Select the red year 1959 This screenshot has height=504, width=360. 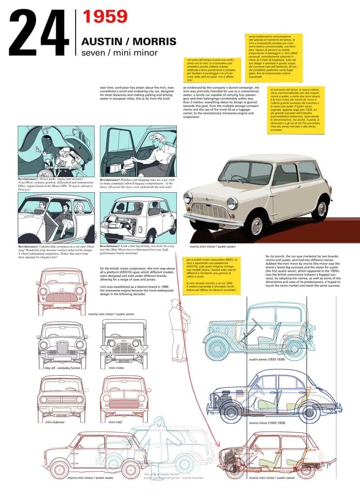click(105, 17)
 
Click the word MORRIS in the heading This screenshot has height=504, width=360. click(156, 42)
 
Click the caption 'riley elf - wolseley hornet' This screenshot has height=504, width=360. click(61, 368)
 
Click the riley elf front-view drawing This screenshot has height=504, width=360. click(62, 343)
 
